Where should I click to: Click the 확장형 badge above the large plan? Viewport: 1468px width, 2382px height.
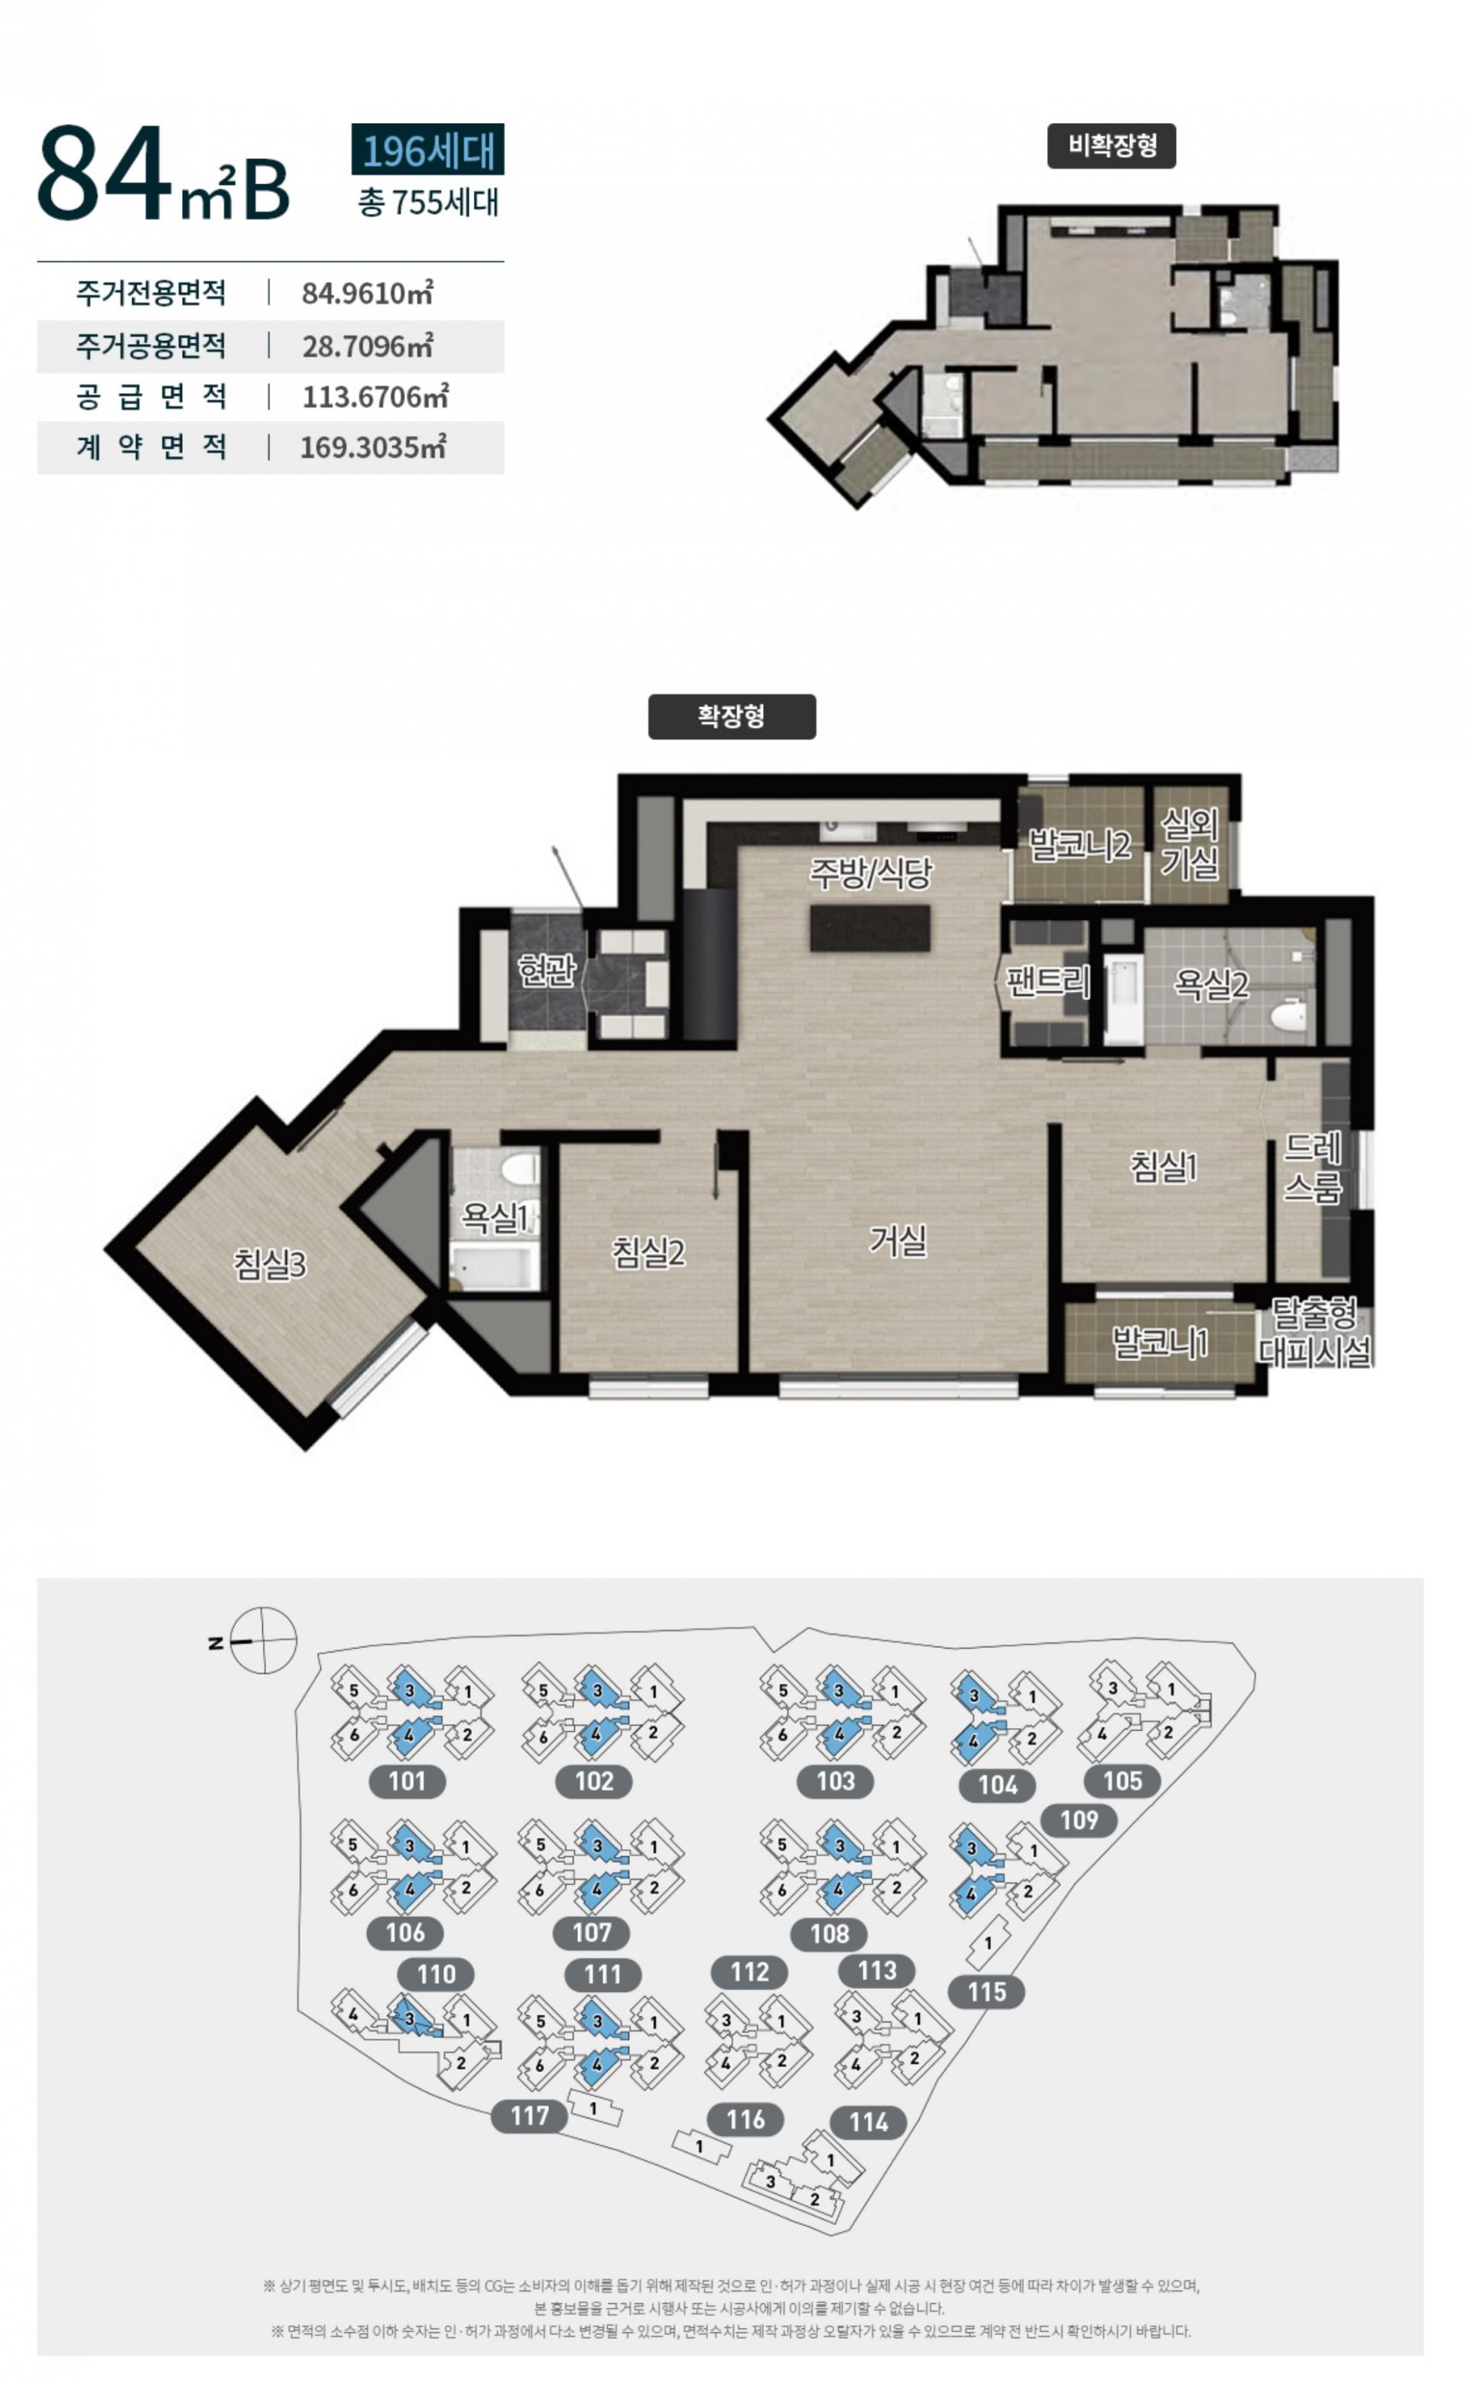click(x=732, y=717)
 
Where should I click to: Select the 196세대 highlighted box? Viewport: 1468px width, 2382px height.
click(x=428, y=150)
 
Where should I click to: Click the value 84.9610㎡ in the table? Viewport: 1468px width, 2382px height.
click(x=367, y=292)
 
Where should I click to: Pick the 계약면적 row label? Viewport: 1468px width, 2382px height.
click(x=151, y=447)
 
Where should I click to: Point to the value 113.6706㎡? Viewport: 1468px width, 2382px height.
click(x=375, y=396)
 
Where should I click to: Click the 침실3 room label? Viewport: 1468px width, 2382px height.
click(x=270, y=1263)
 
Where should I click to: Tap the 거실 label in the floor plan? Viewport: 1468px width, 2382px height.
click(x=898, y=1240)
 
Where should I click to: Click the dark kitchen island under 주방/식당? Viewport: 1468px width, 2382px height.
click(x=871, y=928)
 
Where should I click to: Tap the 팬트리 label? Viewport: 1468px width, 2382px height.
click(x=1047, y=982)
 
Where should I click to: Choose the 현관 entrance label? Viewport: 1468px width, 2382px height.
click(x=547, y=969)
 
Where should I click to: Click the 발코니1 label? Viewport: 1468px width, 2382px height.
click(x=1160, y=1343)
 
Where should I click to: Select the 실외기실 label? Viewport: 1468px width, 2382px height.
click(x=1190, y=844)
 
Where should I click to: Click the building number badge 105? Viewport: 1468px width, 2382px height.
click(x=1122, y=1781)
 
